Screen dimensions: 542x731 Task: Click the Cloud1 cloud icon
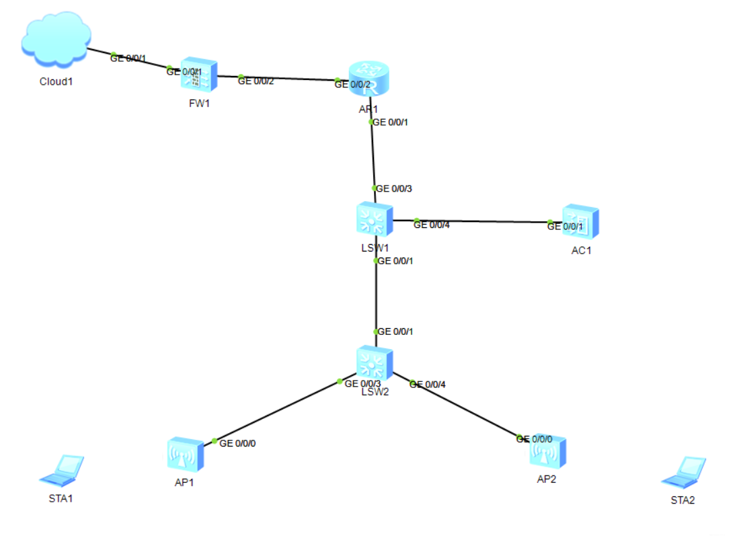(x=56, y=42)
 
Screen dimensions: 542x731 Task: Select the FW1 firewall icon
(x=199, y=75)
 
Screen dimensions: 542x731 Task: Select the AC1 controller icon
(x=580, y=223)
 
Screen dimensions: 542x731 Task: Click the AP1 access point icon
(x=185, y=455)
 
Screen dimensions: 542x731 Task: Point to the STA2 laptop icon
(x=684, y=471)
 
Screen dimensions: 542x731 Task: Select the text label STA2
(x=683, y=500)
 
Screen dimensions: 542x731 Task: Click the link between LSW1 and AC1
(x=484, y=221)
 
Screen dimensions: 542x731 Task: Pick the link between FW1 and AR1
(x=289, y=78)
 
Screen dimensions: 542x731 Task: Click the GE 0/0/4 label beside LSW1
(x=432, y=225)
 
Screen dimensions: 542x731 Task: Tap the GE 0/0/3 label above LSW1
(x=394, y=188)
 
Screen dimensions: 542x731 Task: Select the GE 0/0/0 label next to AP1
(x=238, y=443)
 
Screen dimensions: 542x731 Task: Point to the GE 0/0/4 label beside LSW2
(x=428, y=385)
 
